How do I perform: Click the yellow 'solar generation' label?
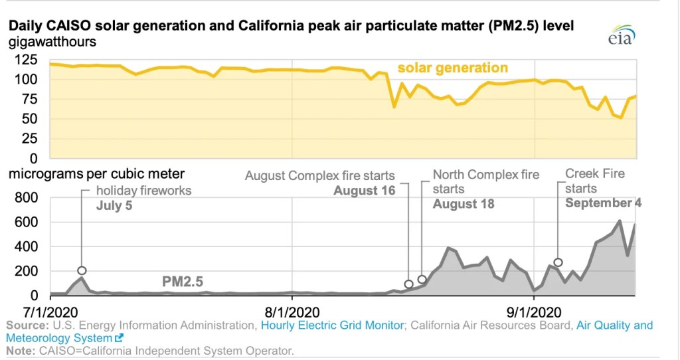pos(452,68)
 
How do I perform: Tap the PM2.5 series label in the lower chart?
pos(182,282)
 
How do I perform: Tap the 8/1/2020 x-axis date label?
pos(293,312)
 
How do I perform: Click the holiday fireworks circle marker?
pos(82,270)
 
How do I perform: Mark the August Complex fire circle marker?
pos(409,284)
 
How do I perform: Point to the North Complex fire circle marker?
pos(422,280)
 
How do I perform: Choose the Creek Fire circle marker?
pos(558,262)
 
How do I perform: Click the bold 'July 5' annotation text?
pos(114,205)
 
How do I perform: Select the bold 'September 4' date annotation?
pos(603,203)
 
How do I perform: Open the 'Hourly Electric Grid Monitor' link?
pos(332,325)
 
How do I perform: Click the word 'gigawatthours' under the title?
pos(52,42)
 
